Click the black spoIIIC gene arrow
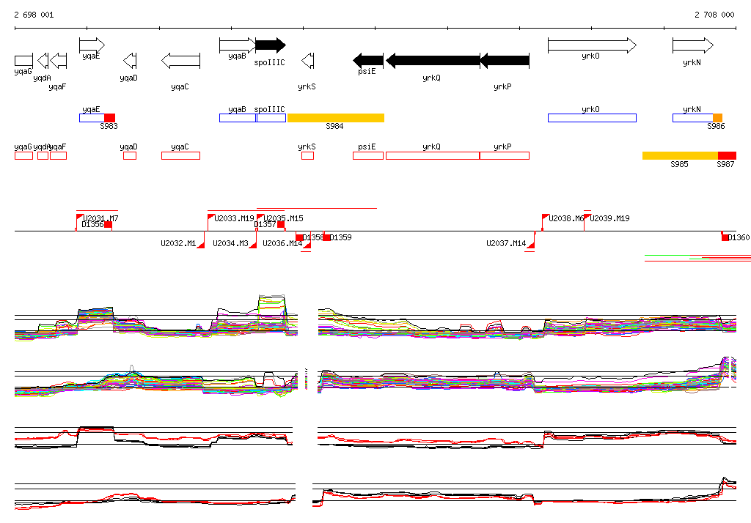[270, 45]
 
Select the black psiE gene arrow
[368, 60]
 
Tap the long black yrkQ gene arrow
[433, 60]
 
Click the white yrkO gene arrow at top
[592, 45]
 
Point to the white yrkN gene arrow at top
[692, 45]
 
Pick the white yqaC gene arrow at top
[180, 60]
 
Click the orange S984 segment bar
[335, 118]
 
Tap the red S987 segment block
[727, 155]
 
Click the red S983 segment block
[109, 118]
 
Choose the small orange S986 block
[717, 118]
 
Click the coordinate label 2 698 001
[33, 15]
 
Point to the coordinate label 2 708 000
[714, 15]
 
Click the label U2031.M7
[101, 218]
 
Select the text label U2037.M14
[506, 243]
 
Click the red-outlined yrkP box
[505, 155]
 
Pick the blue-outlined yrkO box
[592, 118]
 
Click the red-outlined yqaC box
[180, 155]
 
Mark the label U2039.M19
[610, 218]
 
